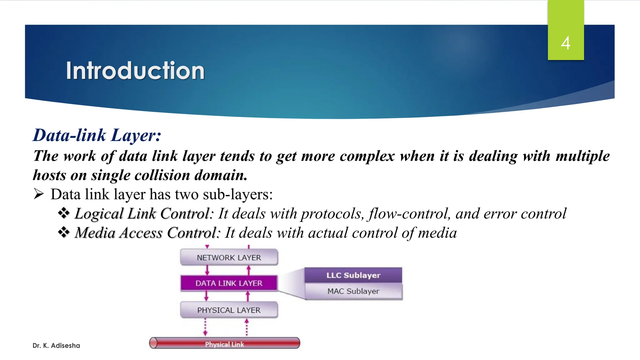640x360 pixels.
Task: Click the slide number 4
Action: (565, 43)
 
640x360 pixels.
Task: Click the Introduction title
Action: (135, 71)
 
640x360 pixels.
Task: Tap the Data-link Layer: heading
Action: (97, 135)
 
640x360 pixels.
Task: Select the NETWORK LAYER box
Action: (229, 257)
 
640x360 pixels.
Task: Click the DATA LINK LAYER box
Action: (229, 283)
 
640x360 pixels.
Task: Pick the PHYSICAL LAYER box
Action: (229, 310)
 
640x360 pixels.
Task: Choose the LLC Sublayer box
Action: (353, 275)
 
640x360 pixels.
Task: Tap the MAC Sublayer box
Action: (353, 291)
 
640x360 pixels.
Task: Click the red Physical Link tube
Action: (224, 343)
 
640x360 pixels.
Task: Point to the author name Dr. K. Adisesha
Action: (56, 346)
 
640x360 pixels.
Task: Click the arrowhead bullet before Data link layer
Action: (39, 194)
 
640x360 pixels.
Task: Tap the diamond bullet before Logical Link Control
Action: (64, 213)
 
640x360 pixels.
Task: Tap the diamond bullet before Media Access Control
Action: (64, 232)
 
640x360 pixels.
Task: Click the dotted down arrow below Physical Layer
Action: (205, 327)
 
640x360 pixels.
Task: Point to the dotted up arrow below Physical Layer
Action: (247, 327)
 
